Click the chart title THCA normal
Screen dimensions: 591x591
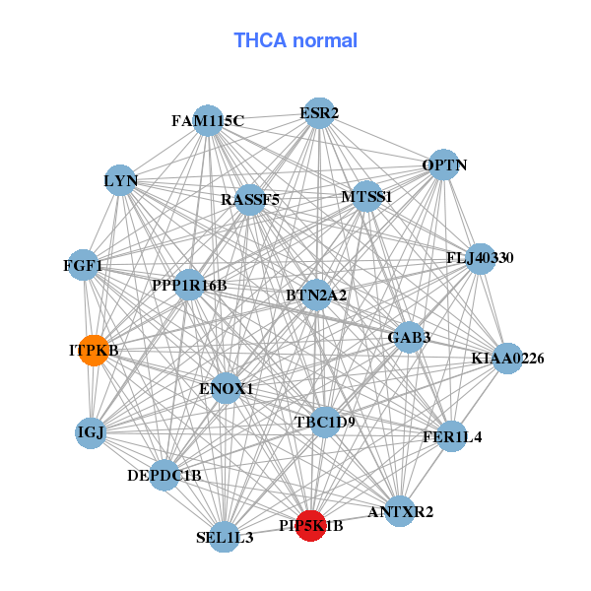(x=295, y=40)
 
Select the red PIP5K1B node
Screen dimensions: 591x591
(x=311, y=525)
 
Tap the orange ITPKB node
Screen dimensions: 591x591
(x=94, y=351)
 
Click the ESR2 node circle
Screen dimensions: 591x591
(x=317, y=112)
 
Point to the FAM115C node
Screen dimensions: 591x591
(x=207, y=121)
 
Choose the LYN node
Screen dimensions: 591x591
(x=120, y=180)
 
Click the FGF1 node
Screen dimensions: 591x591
(x=84, y=265)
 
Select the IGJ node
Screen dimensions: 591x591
(x=91, y=432)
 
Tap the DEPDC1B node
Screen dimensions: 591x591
(x=164, y=476)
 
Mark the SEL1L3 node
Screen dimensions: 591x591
(x=225, y=537)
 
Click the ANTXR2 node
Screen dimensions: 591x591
(x=399, y=511)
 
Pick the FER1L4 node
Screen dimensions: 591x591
(x=451, y=436)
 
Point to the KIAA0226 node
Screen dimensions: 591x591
(x=506, y=359)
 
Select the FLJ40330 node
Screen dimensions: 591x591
(x=481, y=258)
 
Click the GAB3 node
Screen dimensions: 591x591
(x=409, y=338)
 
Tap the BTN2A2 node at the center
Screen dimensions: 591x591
(x=316, y=294)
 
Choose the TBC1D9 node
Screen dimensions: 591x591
(x=324, y=422)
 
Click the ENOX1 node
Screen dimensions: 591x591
(x=227, y=389)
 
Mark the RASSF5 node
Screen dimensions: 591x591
(x=250, y=200)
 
